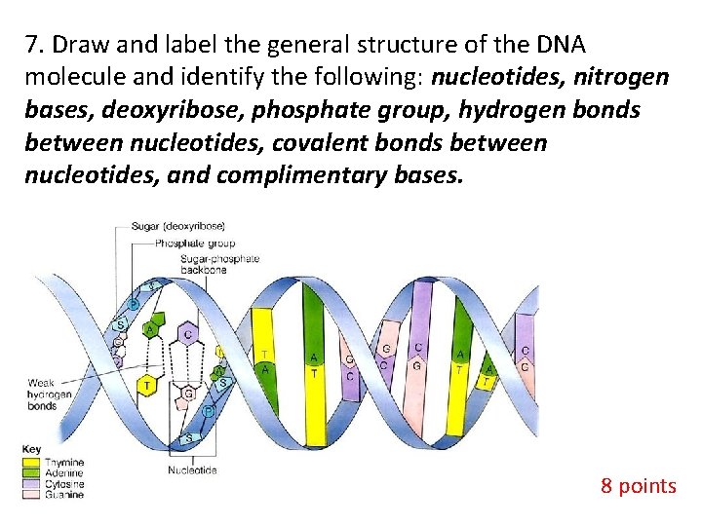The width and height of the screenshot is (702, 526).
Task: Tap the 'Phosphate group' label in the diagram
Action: coord(195,243)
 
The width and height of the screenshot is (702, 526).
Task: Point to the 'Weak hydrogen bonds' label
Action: coord(50,394)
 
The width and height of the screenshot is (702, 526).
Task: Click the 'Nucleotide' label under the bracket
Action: coord(192,470)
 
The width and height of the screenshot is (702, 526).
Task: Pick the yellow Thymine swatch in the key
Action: coord(30,463)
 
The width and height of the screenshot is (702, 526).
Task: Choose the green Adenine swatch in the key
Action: coord(30,473)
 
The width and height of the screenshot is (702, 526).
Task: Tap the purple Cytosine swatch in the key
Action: coord(30,484)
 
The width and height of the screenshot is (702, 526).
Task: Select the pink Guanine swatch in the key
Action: coord(30,495)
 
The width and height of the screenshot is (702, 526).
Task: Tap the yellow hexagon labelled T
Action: coord(147,386)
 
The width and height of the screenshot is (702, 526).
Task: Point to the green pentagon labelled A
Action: coord(152,328)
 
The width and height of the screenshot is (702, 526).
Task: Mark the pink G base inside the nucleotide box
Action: coord(187,394)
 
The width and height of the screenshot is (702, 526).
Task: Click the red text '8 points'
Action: coord(638,485)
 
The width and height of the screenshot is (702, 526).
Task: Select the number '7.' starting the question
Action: coord(35,46)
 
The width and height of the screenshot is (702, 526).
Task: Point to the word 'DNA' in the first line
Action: coord(560,46)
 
